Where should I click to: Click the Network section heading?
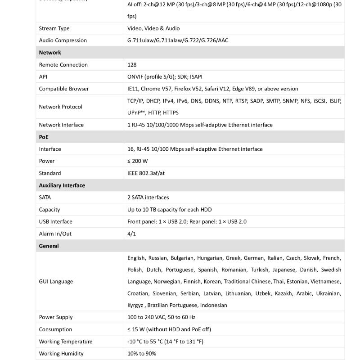pos(50,53)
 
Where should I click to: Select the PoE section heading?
pos(44,137)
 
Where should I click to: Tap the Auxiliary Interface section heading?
pos(62,185)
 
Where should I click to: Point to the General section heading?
pos(49,246)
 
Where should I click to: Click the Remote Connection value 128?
pos(132,65)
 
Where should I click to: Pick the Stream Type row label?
pos(54,28)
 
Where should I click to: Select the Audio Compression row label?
pos(63,40)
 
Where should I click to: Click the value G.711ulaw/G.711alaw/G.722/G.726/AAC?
pos(178,40)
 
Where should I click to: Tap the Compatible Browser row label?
pos(64,89)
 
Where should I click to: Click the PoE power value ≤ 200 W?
pos(137,161)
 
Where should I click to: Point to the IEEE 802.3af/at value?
pos(146,173)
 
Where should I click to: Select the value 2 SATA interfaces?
pos(148,198)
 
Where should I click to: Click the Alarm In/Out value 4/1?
pos(131,234)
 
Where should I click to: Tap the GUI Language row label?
pos(56,282)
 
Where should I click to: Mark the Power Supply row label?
pos(55,317)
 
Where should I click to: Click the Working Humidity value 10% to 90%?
pos(142,354)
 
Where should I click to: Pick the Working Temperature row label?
pos(65,342)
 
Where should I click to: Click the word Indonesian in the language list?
pos(214,305)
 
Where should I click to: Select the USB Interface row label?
pos(55,222)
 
